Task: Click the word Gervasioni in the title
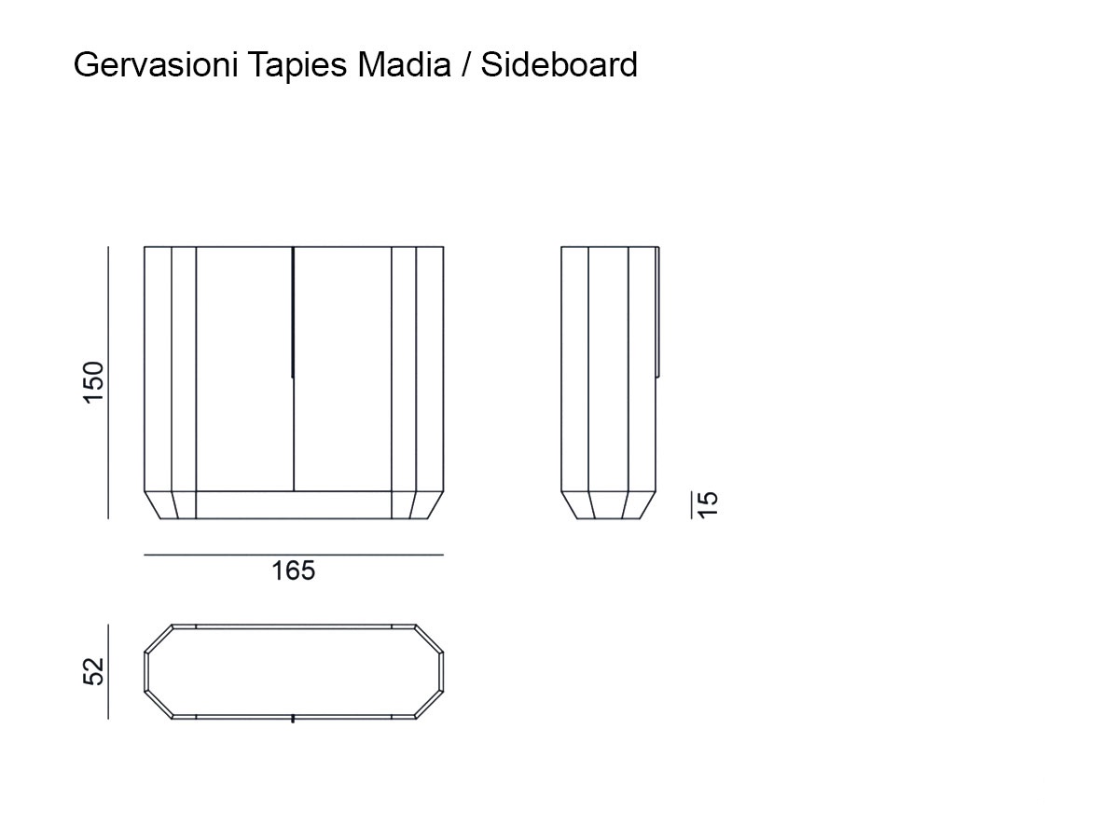pos(156,65)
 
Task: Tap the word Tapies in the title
pos(297,66)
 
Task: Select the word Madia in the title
pos(405,64)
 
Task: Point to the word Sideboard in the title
pos(559,64)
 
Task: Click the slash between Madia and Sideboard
pos(466,65)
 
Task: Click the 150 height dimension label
pos(93,382)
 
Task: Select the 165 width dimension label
pos(293,571)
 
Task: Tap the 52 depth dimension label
pos(93,671)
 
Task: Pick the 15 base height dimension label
pos(708,505)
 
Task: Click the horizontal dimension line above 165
pos(294,555)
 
